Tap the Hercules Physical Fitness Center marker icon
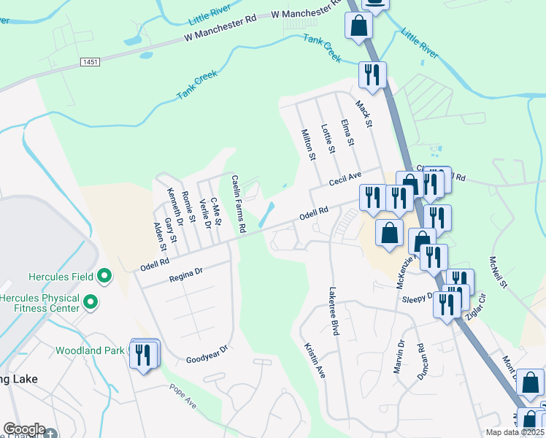click(x=91, y=301)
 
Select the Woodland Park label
click(x=91, y=350)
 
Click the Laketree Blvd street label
click(x=334, y=310)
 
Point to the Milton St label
click(x=308, y=145)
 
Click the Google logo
click(x=24, y=429)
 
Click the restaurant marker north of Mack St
click(x=372, y=74)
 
